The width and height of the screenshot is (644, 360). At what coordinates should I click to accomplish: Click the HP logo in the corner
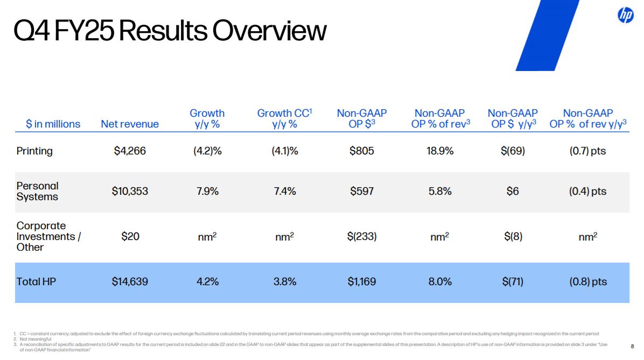(x=626, y=15)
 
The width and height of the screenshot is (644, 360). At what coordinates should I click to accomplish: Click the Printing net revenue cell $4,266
(x=130, y=151)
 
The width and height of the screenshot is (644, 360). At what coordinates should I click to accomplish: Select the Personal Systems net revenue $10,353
(x=130, y=191)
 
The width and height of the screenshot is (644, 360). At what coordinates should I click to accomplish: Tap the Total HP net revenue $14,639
(x=130, y=281)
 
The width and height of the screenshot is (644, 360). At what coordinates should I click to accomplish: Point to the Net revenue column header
(x=130, y=124)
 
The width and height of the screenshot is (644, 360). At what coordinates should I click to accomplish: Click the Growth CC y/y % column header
(x=285, y=118)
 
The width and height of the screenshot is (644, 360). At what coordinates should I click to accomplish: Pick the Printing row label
(x=34, y=151)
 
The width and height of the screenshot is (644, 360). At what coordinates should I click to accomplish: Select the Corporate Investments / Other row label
(x=48, y=236)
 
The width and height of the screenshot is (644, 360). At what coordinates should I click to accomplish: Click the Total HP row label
(x=36, y=281)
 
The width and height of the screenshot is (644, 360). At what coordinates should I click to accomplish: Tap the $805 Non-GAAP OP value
(x=362, y=151)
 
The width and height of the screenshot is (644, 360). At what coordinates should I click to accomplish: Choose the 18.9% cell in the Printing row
(x=440, y=151)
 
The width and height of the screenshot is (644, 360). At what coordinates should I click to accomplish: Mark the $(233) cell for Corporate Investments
(x=362, y=236)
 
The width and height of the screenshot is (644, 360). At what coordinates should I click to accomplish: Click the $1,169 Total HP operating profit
(x=362, y=281)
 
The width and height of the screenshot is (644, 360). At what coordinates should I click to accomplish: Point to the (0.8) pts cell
(x=588, y=281)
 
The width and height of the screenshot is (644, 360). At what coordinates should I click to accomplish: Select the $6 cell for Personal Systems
(x=513, y=191)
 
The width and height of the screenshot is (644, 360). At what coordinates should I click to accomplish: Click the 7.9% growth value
(x=207, y=191)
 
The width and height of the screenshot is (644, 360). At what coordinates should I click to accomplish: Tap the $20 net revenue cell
(x=130, y=236)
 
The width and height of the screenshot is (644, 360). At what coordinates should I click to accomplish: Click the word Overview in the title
(x=269, y=31)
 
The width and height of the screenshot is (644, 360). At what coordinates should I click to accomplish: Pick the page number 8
(x=633, y=347)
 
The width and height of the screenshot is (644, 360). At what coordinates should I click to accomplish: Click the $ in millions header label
(x=53, y=124)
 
